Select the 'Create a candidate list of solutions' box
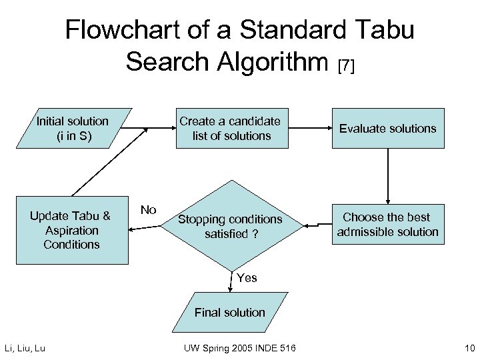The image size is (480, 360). (x=229, y=128)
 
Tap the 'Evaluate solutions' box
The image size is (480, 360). (x=387, y=128)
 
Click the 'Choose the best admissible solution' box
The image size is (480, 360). (x=387, y=225)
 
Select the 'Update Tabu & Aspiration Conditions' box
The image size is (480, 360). (x=71, y=230)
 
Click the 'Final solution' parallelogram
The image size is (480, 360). (x=229, y=312)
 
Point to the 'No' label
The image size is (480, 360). (x=148, y=210)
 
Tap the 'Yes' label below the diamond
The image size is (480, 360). (x=246, y=278)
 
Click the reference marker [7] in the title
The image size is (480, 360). (x=347, y=65)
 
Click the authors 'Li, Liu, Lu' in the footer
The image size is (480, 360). (x=25, y=347)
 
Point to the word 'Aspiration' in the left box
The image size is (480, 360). (x=72, y=230)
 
